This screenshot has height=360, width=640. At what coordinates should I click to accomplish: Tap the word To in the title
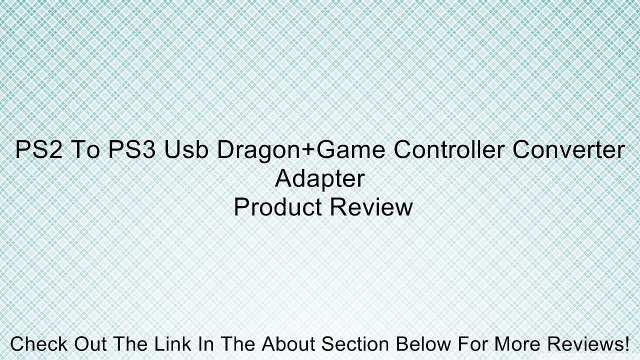(x=76, y=152)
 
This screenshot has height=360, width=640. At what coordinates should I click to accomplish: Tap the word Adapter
(x=320, y=180)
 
